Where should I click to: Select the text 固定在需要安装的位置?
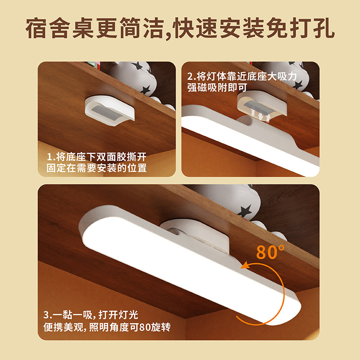pos(97,168)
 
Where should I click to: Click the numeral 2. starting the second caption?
pos(190,76)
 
